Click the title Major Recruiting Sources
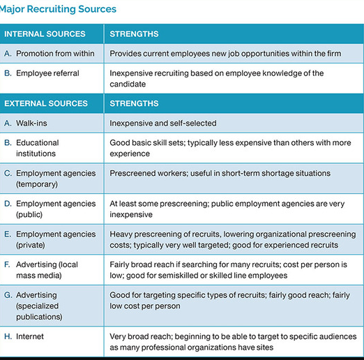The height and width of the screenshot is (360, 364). click(59, 9)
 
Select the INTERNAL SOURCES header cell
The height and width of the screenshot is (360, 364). click(45, 33)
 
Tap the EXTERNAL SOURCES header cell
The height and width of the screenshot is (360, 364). click(46, 103)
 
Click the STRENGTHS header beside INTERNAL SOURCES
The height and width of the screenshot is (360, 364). click(134, 33)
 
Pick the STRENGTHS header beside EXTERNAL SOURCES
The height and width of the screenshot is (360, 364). click(134, 103)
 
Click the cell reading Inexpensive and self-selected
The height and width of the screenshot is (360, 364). click(163, 123)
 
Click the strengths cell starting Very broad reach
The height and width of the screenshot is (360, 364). click(230, 341)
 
